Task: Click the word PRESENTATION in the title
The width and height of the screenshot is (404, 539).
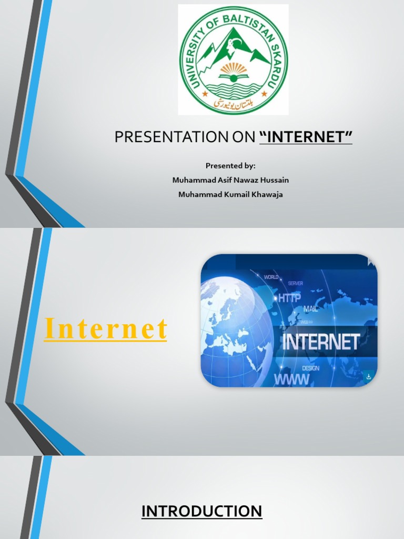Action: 158,137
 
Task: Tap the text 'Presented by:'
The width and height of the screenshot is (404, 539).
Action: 230,165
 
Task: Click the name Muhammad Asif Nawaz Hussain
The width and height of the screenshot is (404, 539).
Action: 230,180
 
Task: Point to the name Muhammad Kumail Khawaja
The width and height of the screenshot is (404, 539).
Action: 230,195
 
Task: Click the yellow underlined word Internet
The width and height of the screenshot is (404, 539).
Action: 106,329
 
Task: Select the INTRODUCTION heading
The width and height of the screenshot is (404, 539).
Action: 201,511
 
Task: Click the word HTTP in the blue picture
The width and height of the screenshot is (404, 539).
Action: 290,298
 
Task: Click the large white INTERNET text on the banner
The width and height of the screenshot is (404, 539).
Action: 321,342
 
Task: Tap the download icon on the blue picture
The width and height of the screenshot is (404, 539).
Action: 369,376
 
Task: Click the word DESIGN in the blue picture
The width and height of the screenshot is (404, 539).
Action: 310,368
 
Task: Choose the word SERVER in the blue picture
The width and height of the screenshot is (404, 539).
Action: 295,284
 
